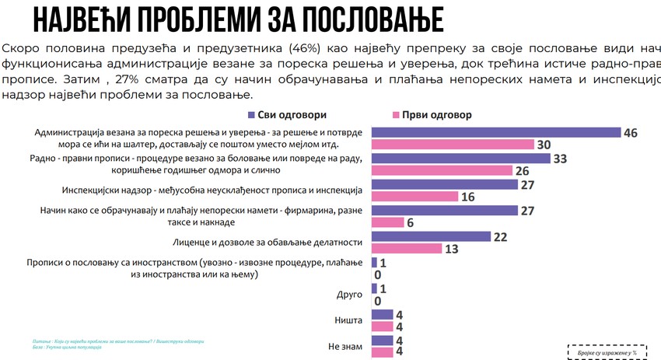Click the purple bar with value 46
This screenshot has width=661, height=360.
click(496, 133)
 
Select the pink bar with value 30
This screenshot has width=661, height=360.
click(453, 145)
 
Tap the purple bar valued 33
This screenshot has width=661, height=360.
click(460, 159)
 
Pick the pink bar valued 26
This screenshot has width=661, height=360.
click(442, 170)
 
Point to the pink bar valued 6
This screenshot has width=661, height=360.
click(388, 222)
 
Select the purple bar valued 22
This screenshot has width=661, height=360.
click(431, 236)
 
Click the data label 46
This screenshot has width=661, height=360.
click(630, 133)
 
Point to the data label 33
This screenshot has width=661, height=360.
click(559, 159)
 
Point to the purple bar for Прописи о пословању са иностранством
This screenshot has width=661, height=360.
click(374, 262)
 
